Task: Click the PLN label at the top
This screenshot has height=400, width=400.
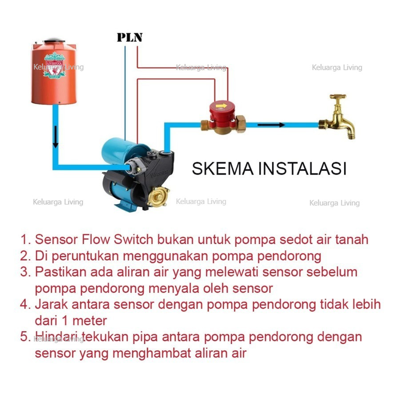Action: [129, 37]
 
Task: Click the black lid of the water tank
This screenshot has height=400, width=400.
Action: [54, 41]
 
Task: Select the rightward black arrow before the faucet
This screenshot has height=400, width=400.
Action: [271, 125]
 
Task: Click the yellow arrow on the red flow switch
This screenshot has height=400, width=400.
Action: [221, 107]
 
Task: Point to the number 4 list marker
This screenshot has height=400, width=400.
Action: [24, 304]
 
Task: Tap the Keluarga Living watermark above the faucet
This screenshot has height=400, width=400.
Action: [336, 68]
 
